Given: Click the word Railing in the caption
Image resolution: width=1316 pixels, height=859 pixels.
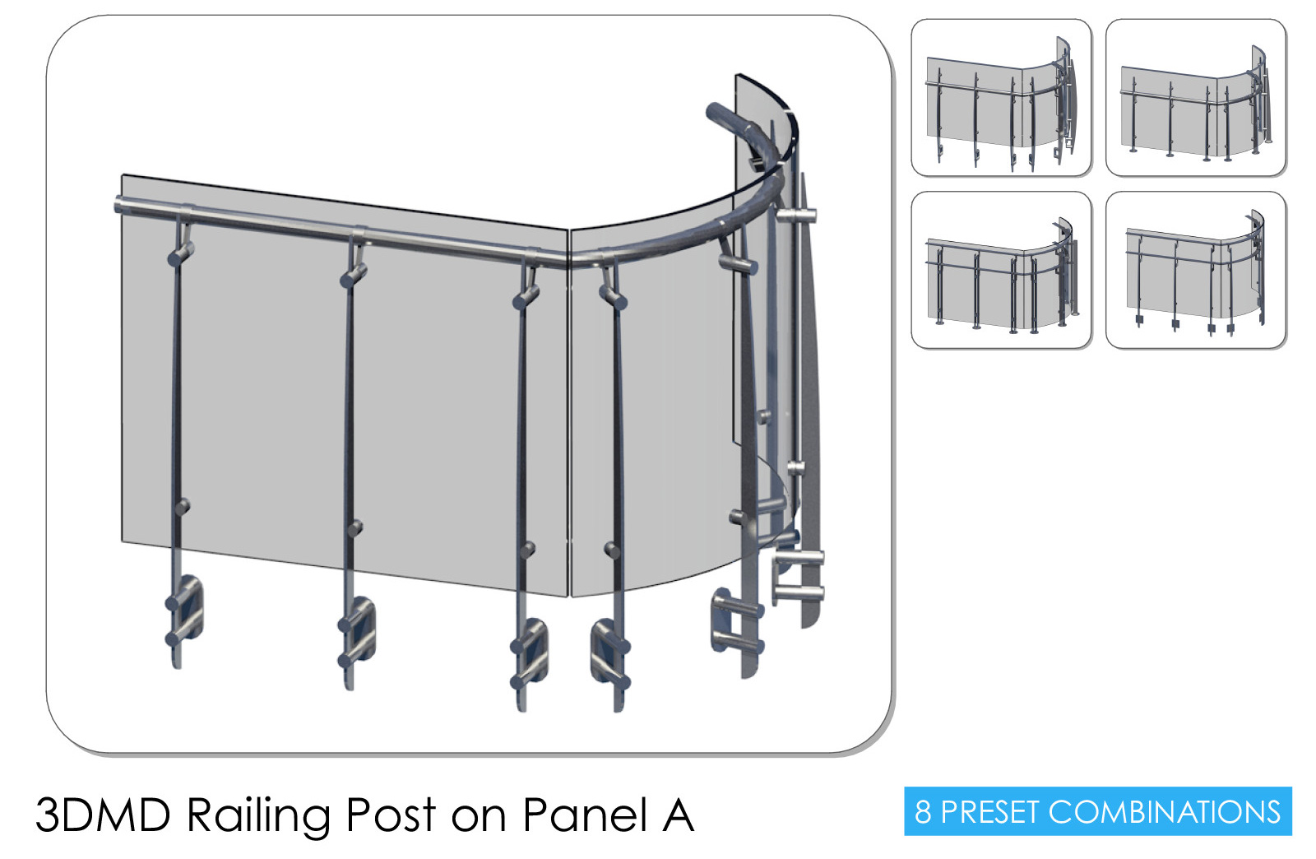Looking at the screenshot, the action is coord(258,817).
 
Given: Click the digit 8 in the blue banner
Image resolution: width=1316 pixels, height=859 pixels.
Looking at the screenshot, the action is coord(923,811).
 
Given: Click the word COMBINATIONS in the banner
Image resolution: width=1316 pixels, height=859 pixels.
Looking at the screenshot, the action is coord(1164,811).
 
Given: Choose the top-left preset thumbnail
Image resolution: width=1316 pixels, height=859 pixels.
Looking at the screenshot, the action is coord(1001,97).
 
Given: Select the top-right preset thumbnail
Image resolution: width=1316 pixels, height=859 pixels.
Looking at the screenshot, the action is coord(1196,97).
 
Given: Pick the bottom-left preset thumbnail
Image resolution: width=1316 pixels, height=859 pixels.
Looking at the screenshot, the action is coord(1001,270).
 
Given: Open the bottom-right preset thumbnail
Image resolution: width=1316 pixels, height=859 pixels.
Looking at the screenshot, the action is coord(1196,270).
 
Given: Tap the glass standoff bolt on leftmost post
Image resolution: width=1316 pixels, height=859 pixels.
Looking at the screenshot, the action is coord(183,506).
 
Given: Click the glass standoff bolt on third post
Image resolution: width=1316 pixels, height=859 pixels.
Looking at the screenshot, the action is coord(528,550).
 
